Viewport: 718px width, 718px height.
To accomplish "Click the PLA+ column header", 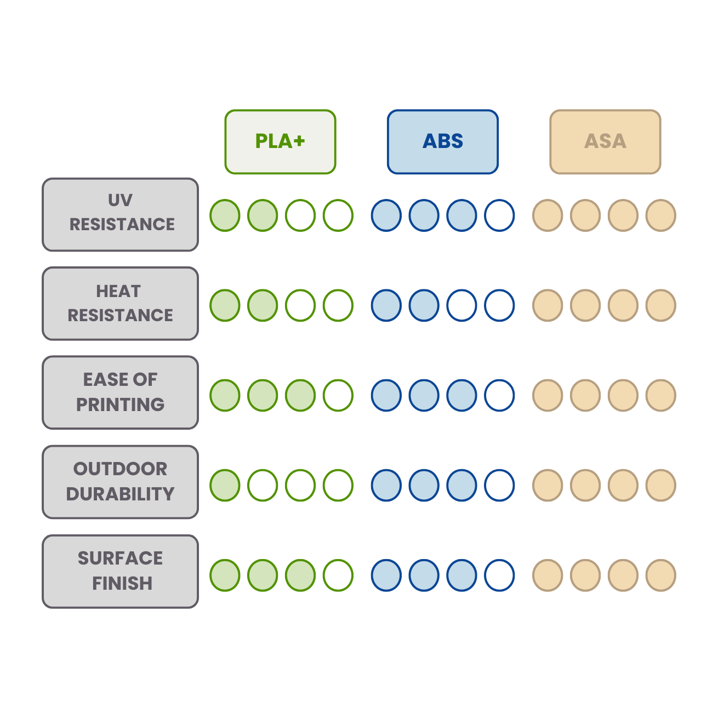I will click(x=280, y=141).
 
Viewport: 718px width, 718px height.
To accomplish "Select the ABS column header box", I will click(x=443, y=141).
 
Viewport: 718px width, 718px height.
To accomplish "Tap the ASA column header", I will click(x=605, y=141).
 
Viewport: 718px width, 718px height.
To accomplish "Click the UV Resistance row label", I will click(x=121, y=214).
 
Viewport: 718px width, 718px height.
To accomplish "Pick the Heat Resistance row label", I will click(x=121, y=304).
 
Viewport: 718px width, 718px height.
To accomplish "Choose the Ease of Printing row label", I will click(x=121, y=392).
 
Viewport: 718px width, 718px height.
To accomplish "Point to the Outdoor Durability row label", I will click(x=121, y=482).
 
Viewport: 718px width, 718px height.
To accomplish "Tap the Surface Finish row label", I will click(x=121, y=571).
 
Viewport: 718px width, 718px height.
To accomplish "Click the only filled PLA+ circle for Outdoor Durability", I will click(x=225, y=485).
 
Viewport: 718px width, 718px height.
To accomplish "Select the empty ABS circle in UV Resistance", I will click(x=499, y=215).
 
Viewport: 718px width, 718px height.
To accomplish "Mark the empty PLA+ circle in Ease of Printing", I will click(x=338, y=395).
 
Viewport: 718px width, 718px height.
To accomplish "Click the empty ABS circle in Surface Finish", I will click(x=499, y=575).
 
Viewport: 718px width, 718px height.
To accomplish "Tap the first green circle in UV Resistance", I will click(x=225, y=215).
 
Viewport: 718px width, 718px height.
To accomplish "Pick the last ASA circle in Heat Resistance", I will click(x=660, y=305).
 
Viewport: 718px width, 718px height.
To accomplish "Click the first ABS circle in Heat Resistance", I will click(x=386, y=305).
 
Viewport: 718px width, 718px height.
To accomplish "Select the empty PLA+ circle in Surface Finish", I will click(x=338, y=575).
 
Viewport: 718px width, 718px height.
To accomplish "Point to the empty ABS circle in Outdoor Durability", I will click(x=499, y=485).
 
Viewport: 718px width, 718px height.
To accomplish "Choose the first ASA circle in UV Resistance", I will click(x=548, y=215).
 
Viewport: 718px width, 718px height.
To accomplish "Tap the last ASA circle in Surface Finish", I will click(x=660, y=575).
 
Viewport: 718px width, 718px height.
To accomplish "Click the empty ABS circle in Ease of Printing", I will click(x=499, y=395).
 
